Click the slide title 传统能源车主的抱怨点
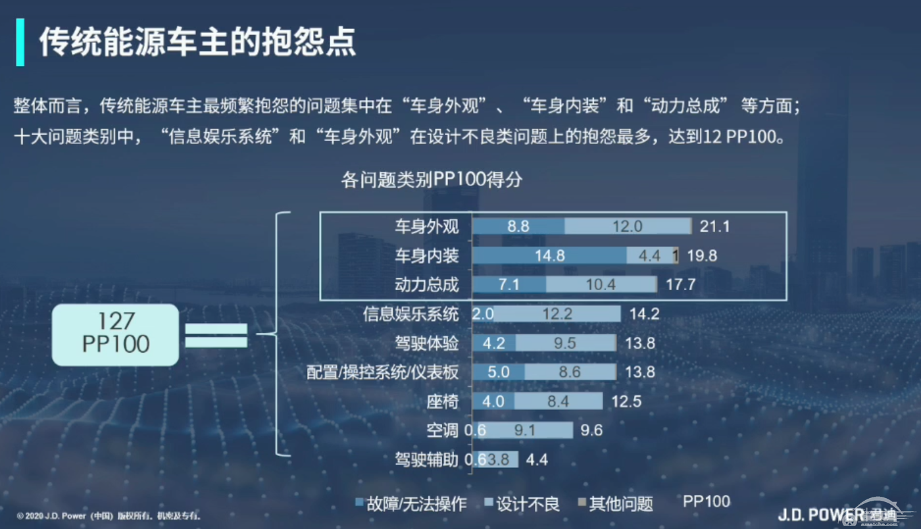pyautogui.click(x=197, y=42)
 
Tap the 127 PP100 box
pyautogui.click(x=116, y=334)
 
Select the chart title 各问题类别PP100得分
pyautogui.click(x=432, y=180)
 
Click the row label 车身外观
pyautogui.click(x=426, y=226)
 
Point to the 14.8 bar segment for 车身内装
pyautogui.click(x=550, y=255)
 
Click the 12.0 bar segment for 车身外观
pyautogui.click(x=627, y=226)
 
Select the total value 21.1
pyautogui.click(x=714, y=226)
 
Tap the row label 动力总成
pyautogui.click(x=426, y=285)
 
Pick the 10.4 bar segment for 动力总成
pyautogui.click(x=601, y=285)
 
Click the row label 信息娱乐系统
pyautogui.click(x=411, y=314)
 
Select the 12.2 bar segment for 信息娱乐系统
pyautogui.click(x=557, y=314)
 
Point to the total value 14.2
pyautogui.click(x=644, y=314)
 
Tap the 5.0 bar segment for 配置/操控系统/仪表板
pyautogui.click(x=499, y=372)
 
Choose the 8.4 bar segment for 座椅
pyautogui.click(x=558, y=401)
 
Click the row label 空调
pyautogui.click(x=442, y=430)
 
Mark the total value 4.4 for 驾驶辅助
pyautogui.click(x=537, y=459)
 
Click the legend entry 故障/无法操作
pyautogui.click(x=411, y=504)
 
